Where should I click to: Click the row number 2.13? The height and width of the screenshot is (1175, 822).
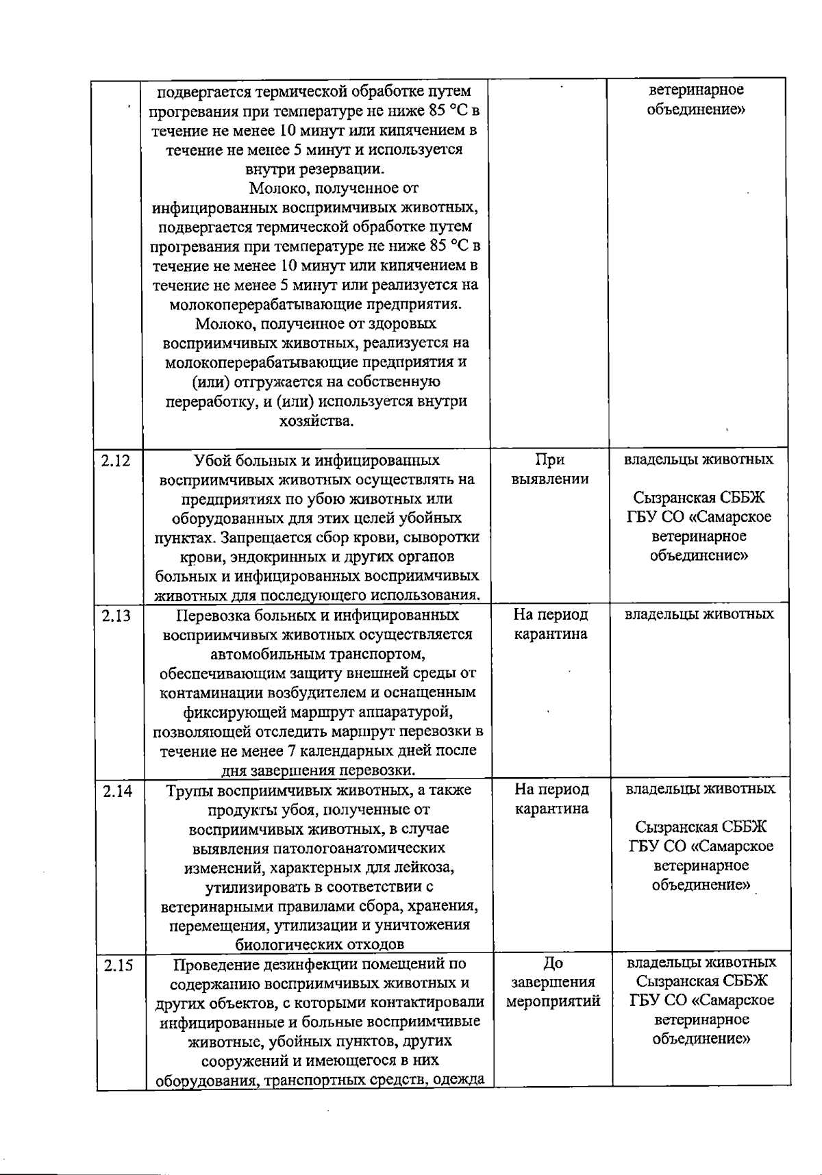[116, 616]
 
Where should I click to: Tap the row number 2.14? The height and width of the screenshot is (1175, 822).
[117, 791]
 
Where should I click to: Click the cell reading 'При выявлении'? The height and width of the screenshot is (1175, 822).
[550, 469]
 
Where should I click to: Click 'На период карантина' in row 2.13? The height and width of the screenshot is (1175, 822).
[551, 624]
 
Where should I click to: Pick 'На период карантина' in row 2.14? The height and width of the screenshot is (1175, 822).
[551, 799]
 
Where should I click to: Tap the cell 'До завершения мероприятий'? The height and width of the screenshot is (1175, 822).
[553, 982]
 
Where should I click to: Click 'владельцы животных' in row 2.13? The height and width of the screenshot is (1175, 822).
[699, 614]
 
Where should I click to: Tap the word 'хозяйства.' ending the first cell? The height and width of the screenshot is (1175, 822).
[316, 421]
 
